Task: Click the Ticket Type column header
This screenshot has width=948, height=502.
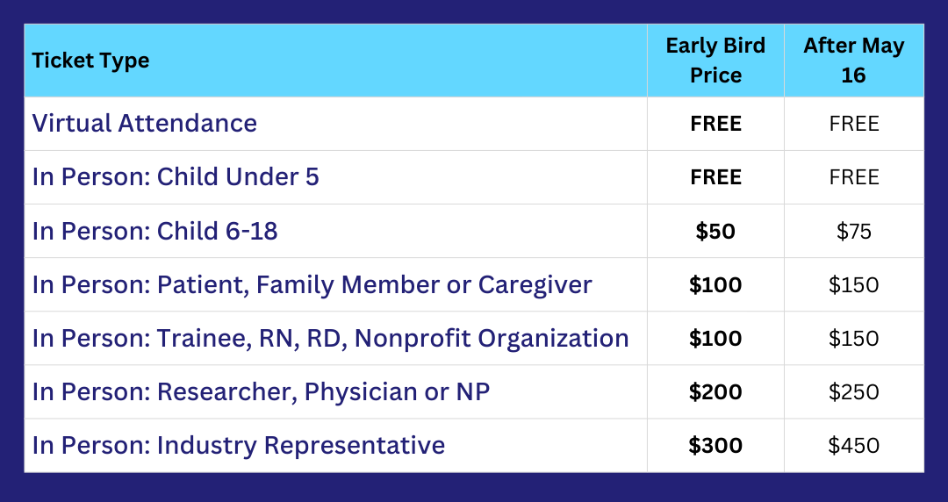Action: click(x=90, y=61)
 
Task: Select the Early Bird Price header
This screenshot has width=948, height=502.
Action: click(x=715, y=60)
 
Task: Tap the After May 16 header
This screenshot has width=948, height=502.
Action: click(x=854, y=60)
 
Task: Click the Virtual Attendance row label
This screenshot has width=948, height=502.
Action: click(x=145, y=124)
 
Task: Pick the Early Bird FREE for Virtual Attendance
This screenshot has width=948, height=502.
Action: click(x=716, y=124)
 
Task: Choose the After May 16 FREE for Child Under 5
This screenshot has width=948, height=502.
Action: click(x=854, y=177)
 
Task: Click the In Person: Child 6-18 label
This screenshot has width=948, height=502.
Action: click(x=154, y=231)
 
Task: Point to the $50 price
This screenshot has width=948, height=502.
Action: click(x=715, y=231)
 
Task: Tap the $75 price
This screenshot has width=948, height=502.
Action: click(x=854, y=231)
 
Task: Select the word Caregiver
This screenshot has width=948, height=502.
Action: click(x=535, y=285)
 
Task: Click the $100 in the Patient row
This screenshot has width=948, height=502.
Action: click(x=715, y=285)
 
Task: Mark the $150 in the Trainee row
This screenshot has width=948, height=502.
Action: click(x=854, y=338)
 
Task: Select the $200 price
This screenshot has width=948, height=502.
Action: click(x=715, y=392)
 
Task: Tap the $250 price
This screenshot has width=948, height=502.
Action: click(x=854, y=392)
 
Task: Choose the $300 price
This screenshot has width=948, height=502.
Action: click(x=715, y=446)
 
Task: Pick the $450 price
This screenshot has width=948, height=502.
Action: click(x=854, y=446)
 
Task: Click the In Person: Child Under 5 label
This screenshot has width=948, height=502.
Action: click(x=176, y=177)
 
